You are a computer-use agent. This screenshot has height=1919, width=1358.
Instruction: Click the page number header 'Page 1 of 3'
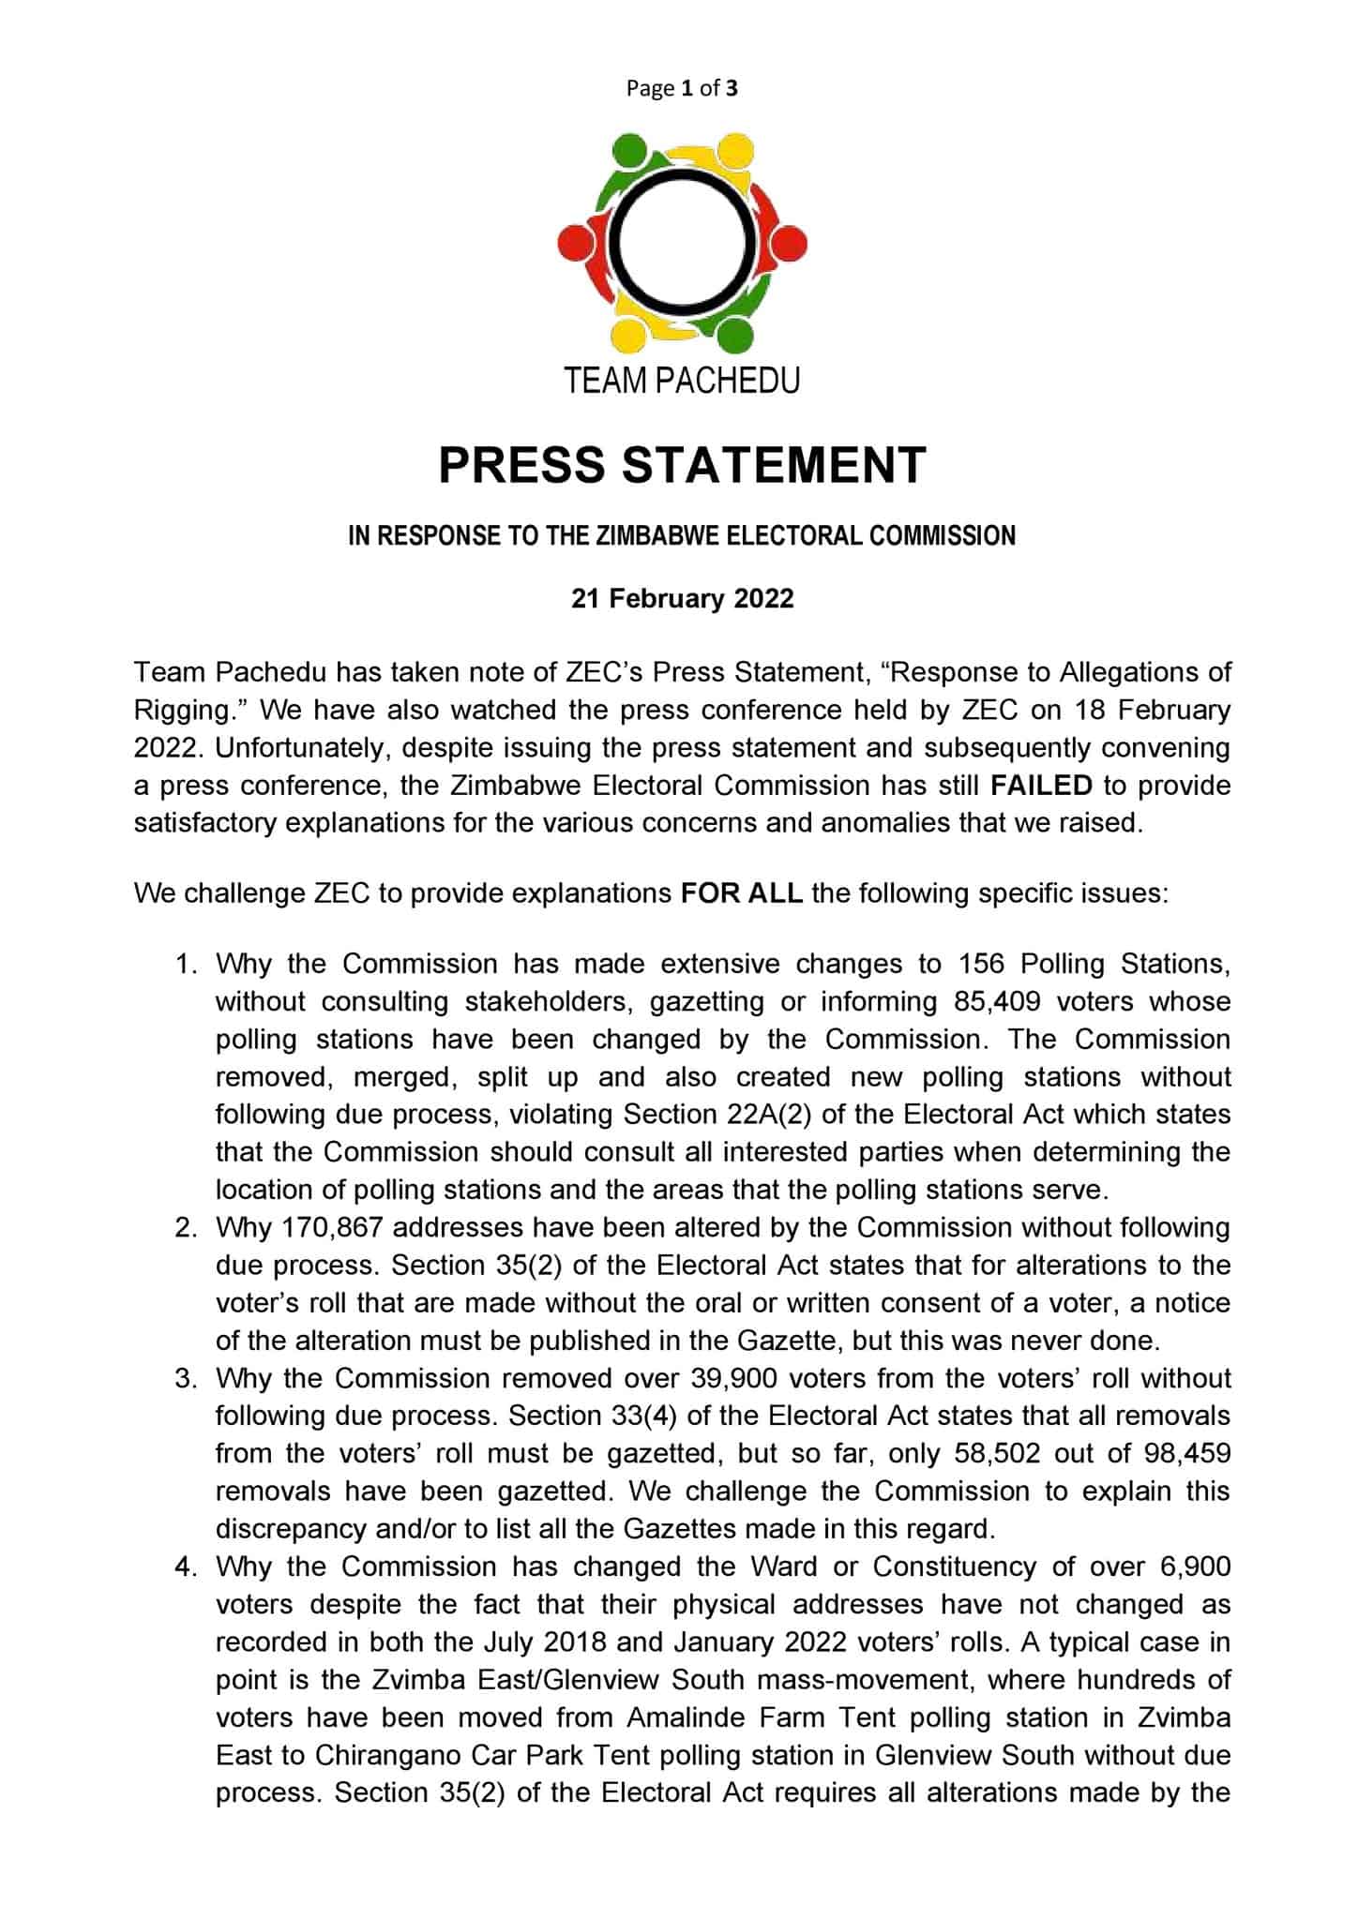tap(682, 88)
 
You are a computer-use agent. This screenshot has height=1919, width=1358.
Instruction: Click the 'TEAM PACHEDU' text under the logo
tap(682, 381)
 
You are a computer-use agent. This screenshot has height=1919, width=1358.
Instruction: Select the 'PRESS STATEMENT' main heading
tap(682, 465)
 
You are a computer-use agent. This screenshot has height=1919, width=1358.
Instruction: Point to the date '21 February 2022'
tap(682, 598)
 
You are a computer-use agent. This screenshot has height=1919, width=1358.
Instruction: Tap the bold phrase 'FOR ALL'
tap(741, 892)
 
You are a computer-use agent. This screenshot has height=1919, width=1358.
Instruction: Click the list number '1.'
tap(187, 964)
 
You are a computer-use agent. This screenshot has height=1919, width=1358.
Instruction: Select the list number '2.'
tap(187, 1227)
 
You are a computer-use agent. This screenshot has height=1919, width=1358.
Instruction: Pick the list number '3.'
tap(187, 1378)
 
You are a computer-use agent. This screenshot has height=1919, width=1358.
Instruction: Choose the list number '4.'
tap(187, 1567)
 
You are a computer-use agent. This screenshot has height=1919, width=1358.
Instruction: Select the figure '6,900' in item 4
tap(1193, 1567)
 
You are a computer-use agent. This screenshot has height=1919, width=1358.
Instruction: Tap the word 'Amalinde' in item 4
tap(686, 1717)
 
